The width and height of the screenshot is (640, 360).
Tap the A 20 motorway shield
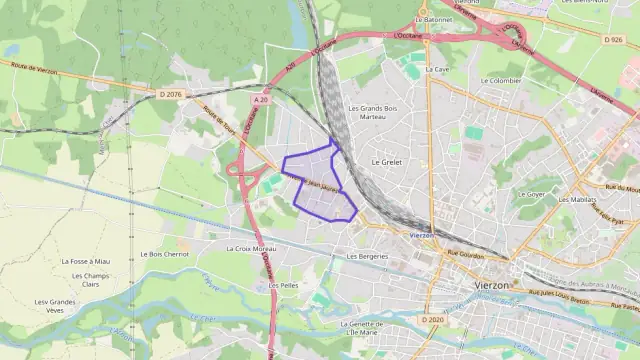(261, 99)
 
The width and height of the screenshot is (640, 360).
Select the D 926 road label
(614, 39)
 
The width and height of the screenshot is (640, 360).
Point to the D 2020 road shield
(431, 320)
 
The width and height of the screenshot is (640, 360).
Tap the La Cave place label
(437, 70)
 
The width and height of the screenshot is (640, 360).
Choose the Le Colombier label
(506, 80)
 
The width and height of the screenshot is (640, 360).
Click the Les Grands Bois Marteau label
(372, 112)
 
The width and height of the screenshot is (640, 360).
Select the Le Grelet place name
(386, 161)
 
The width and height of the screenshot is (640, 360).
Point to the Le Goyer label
(533, 194)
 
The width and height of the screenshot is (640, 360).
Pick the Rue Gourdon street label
(465, 255)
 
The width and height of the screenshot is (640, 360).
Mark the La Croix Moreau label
(251, 248)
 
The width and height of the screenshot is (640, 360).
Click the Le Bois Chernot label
(164, 254)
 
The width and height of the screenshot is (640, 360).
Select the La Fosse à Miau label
(85, 261)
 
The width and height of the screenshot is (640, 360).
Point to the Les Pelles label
(284, 285)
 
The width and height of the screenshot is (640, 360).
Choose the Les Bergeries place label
(366, 256)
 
